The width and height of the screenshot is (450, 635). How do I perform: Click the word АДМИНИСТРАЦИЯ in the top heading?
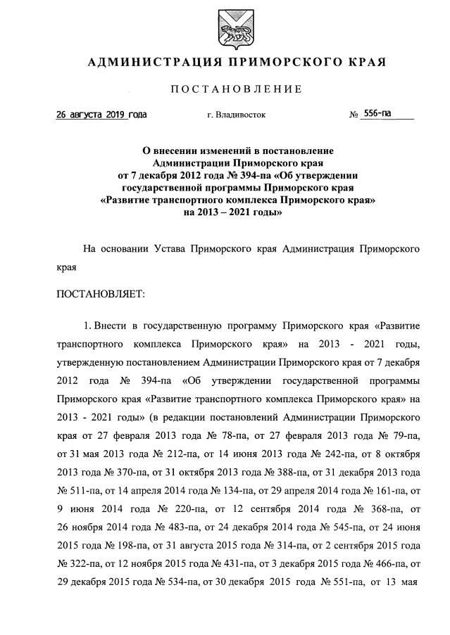click(143, 63)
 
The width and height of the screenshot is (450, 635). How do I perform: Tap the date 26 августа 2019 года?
click(101, 114)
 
